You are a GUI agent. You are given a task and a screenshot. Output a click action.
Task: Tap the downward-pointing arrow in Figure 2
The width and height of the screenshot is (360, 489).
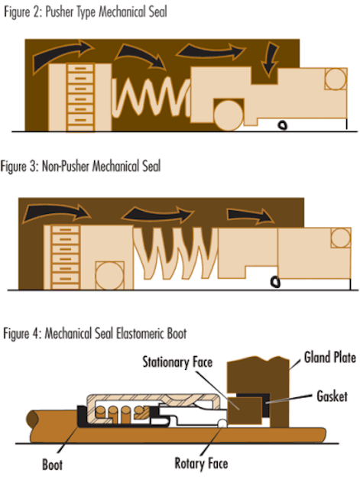tap(269, 60)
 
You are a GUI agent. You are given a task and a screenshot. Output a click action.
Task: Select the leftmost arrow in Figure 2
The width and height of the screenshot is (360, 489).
tap(62, 55)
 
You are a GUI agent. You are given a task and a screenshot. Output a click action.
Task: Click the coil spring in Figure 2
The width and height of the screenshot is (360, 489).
tap(151, 97)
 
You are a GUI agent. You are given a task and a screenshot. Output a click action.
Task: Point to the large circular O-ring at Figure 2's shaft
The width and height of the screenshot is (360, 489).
tap(229, 115)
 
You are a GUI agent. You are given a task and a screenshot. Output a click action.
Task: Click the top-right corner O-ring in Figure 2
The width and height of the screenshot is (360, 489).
tap(336, 79)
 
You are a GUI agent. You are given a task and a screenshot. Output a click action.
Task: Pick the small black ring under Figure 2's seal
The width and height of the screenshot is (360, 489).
tap(283, 125)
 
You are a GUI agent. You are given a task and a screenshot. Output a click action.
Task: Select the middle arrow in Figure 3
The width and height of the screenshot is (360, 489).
tap(157, 214)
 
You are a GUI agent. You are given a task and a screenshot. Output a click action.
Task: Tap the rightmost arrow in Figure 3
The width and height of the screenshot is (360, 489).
tap(251, 215)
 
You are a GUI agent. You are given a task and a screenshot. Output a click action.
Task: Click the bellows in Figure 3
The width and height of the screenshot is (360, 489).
tap(176, 253)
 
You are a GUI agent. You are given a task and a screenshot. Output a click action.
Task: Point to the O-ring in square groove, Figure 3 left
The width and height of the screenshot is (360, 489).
tap(109, 276)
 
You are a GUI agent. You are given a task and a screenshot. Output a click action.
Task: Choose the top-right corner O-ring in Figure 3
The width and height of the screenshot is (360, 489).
tap(341, 238)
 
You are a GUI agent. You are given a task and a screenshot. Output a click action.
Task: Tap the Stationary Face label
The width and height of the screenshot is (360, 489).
tap(177, 362)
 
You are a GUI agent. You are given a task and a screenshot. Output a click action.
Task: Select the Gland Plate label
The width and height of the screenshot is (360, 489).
tap(329, 358)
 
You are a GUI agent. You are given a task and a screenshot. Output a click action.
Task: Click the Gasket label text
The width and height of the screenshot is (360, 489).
tap(332, 396)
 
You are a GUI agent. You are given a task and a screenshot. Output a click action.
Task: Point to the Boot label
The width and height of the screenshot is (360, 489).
tap(53, 465)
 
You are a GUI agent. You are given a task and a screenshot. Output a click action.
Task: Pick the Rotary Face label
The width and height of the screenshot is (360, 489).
tap(201, 464)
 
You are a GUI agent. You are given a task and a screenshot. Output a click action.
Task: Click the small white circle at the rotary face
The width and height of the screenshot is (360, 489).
tap(222, 424)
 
